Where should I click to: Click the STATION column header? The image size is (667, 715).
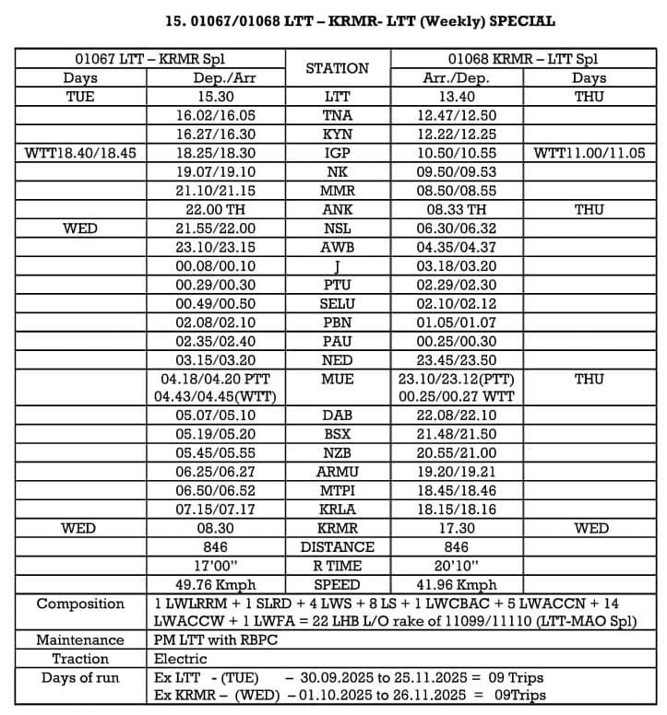click(337, 68)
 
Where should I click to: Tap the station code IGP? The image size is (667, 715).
click(337, 153)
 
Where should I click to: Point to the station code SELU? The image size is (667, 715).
click(337, 304)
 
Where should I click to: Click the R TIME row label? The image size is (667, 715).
click(337, 566)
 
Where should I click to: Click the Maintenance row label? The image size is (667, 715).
click(80, 640)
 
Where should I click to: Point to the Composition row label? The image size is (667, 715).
click(80, 604)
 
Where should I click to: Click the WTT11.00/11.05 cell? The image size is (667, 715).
click(590, 153)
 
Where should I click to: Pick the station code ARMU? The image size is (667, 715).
click(337, 472)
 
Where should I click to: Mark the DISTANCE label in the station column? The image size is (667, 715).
click(337, 547)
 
